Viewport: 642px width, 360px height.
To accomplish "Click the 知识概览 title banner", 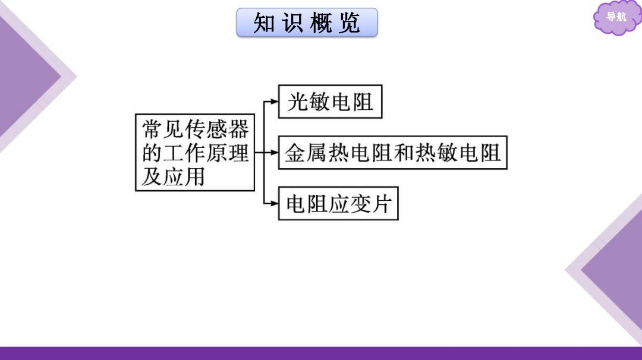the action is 307,23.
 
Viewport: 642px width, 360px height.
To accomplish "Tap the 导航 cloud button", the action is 616,17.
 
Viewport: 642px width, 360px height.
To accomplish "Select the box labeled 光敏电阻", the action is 330,102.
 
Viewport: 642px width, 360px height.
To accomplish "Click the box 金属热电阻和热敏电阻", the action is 393,153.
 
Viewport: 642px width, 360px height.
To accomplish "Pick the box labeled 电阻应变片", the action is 338,203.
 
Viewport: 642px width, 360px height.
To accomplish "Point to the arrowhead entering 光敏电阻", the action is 274,102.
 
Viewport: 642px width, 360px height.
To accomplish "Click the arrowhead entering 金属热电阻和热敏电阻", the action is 274,153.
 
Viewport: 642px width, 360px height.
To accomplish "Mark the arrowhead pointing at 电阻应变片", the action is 274,203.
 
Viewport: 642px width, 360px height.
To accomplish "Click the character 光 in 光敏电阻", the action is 297,102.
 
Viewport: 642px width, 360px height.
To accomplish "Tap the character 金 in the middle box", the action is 295,153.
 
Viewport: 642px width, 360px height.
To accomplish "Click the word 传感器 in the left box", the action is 217,130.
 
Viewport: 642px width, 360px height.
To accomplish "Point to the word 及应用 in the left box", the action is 173,177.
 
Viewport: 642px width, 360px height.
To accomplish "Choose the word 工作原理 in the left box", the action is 206,153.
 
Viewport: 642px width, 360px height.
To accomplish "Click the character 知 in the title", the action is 264,23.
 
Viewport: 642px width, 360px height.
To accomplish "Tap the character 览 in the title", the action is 350,23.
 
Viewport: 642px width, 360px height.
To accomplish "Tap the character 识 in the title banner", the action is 292,23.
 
